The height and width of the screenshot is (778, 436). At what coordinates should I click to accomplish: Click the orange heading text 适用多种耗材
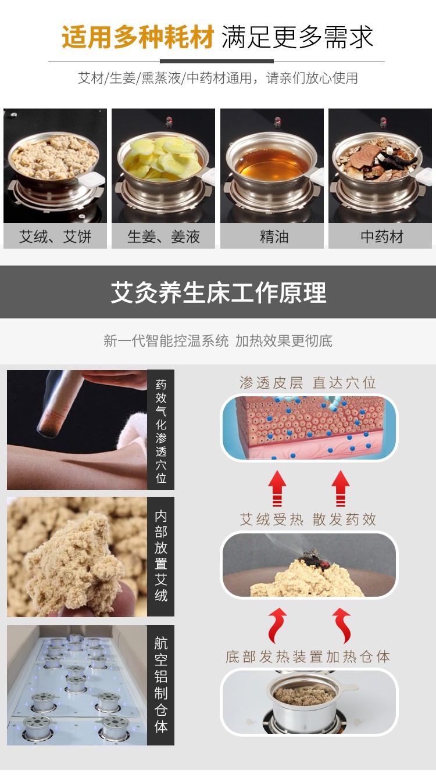tap(138, 37)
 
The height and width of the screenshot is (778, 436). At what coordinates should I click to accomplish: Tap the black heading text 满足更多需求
tap(298, 37)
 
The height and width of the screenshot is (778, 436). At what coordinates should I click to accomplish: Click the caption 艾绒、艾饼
tap(55, 237)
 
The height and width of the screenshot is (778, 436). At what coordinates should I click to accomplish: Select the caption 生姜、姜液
tap(163, 237)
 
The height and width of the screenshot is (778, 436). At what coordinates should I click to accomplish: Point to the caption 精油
tap(274, 237)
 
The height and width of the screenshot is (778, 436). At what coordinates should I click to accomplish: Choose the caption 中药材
tap(382, 237)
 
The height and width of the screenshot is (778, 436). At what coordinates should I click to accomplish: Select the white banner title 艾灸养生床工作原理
tap(219, 292)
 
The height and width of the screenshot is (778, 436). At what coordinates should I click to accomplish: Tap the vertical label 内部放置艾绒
tap(161, 557)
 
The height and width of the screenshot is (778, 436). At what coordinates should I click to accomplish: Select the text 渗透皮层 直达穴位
tap(308, 383)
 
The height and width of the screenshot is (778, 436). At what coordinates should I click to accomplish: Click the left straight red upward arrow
tap(277, 488)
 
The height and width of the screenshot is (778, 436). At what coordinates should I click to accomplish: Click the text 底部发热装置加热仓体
tap(308, 657)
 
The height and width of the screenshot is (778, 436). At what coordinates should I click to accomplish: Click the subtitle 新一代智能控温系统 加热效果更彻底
tap(218, 340)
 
